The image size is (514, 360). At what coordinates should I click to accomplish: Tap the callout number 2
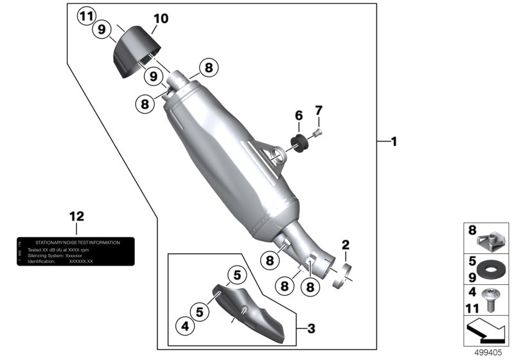[345, 244]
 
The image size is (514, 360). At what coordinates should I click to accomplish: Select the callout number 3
[310, 329]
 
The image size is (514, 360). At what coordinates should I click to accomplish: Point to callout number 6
[298, 116]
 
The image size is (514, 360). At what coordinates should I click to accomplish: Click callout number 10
[161, 19]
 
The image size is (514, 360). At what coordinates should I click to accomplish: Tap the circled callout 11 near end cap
[85, 16]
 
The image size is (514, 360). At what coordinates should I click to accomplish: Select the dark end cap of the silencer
[136, 52]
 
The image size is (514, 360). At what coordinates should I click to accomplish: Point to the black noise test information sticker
[75, 252]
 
